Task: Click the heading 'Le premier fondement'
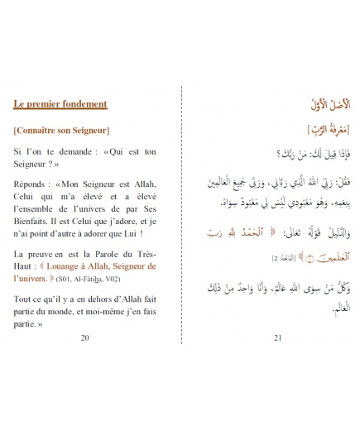click(60, 104)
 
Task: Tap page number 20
click(85, 337)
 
